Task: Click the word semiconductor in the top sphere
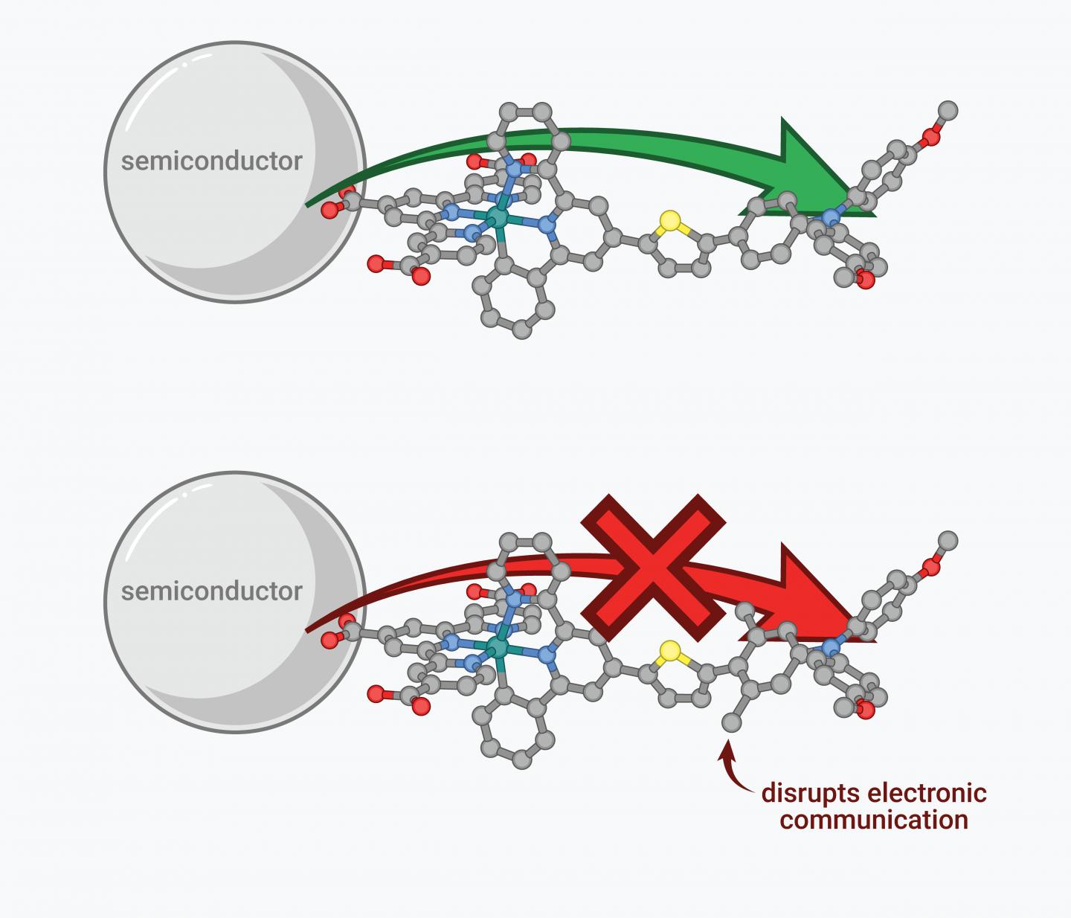click(x=212, y=161)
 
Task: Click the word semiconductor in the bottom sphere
click(x=212, y=591)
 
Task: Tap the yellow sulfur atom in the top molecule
click(x=670, y=220)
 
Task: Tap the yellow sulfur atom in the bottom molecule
click(x=670, y=651)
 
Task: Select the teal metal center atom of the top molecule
click(x=497, y=217)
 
